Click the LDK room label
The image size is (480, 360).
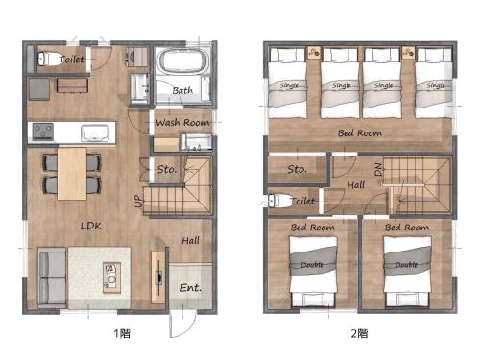click(91, 227)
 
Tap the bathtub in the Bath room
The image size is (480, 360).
click(183, 60)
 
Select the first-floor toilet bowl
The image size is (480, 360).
click(49, 59)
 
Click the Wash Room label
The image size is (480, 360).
click(182, 122)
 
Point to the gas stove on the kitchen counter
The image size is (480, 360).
click(43, 132)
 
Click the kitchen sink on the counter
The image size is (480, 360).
click(95, 133)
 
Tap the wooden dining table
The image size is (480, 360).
click(72, 174)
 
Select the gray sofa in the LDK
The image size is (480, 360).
click(53, 277)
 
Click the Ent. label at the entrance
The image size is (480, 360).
click(191, 288)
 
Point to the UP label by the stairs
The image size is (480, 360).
click(138, 202)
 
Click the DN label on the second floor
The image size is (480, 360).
click(378, 169)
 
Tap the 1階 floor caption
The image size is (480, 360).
click(122, 333)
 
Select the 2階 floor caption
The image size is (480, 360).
click(359, 333)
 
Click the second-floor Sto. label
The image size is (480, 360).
click(298, 169)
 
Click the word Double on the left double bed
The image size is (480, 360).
click(312, 265)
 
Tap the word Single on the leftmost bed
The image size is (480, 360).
click(289, 85)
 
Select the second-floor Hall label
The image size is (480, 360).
click(356, 185)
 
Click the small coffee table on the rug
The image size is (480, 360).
click(111, 277)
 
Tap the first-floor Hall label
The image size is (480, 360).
click(190, 241)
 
